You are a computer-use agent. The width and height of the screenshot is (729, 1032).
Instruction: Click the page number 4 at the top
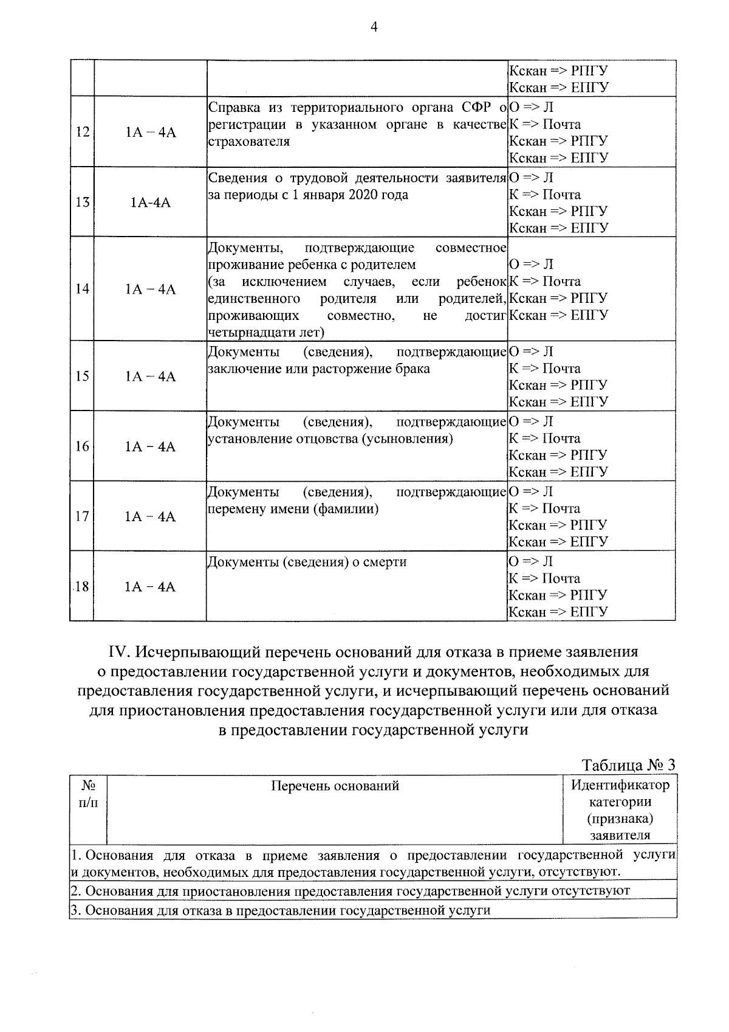point(374,27)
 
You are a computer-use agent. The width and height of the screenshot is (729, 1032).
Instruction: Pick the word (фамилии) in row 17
point(346,509)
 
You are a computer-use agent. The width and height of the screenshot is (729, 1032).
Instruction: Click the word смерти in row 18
point(386,562)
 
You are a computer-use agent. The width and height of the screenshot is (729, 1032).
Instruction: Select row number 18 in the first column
point(82,587)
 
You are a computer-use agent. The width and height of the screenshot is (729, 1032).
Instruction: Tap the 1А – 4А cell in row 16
point(150,447)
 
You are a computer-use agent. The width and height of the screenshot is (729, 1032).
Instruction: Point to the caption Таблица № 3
point(628,765)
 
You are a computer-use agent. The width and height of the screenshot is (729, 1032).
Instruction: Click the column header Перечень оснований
point(335,786)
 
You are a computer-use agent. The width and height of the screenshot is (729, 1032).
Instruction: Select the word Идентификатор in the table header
point(620,785)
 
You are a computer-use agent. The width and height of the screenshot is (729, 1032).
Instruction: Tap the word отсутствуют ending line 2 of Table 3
point(590,891)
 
